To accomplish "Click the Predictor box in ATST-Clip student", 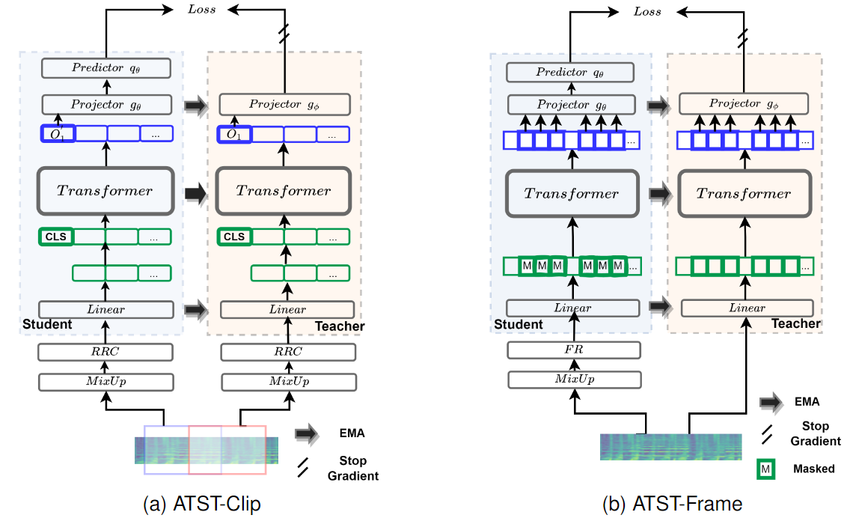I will click(x=106, y=68).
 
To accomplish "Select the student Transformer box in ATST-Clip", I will click(x=106, y=191).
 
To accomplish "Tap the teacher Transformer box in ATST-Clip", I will click(x=284, y=191).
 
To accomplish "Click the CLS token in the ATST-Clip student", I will click(x=55, y=237).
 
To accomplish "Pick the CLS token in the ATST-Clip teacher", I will click(x=234, y=237).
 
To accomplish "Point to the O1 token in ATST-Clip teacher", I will click(x=234, y=135).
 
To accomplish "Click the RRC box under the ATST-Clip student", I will click(x=106, y=352).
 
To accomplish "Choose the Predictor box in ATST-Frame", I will click(x=572, y=73).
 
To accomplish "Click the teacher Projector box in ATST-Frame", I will click(x=744, y=104).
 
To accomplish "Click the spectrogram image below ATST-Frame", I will click(x=670, y=446).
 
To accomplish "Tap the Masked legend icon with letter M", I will click(x=765, y=469).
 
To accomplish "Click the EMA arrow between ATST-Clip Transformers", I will click(x=195, y=192).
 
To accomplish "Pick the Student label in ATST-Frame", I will click(x=519, y=324).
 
